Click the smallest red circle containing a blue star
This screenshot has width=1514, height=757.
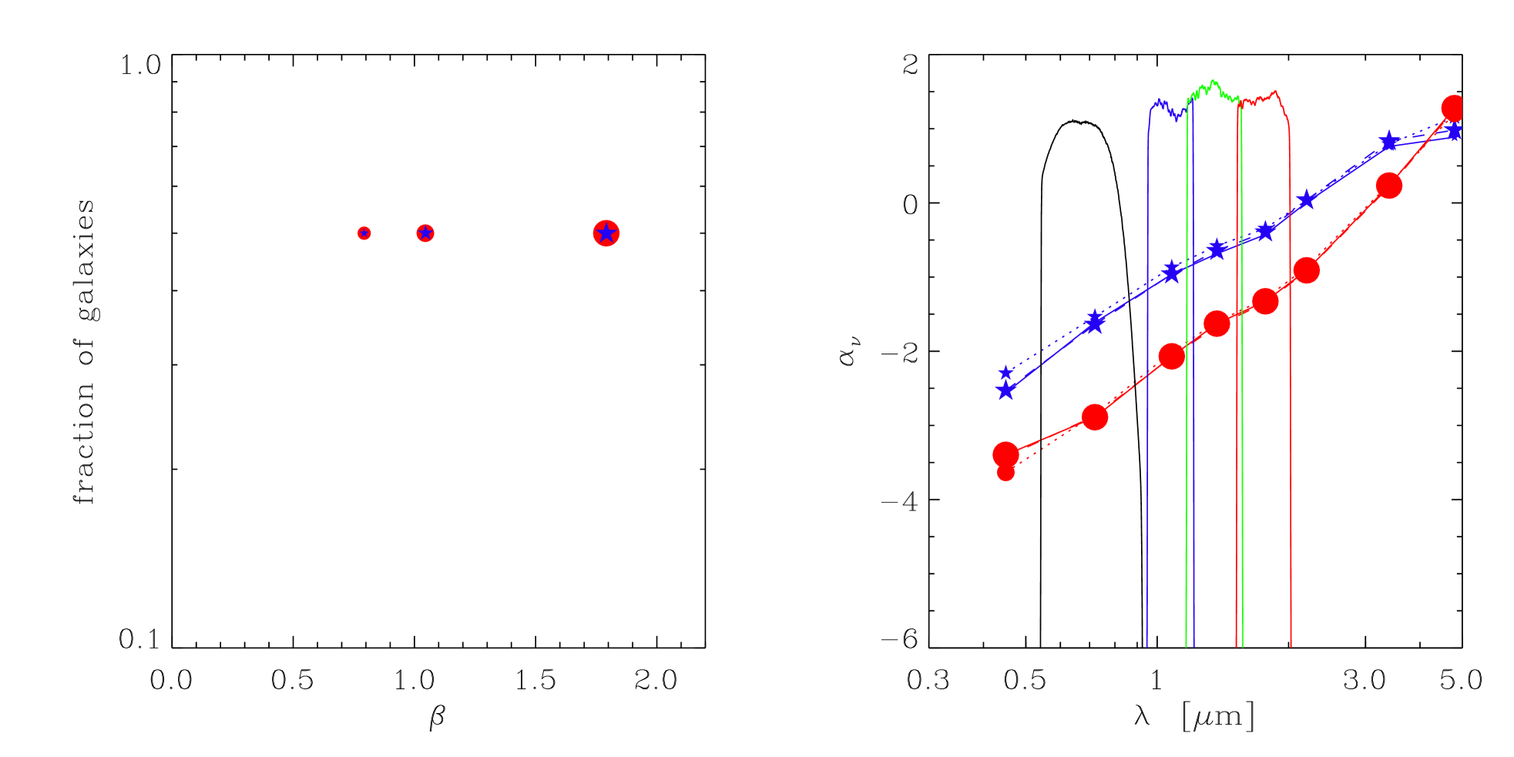(x=364, y=233)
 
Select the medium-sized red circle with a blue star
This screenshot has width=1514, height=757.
(x=425, y=233)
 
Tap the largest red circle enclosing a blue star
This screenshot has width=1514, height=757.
(x=606, y=233)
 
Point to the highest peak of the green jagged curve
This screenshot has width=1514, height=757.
(x=1214, y=80)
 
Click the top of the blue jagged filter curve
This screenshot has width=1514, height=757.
(x=1159, y=100)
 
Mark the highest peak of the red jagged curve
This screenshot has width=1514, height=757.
(x=1275, y=91)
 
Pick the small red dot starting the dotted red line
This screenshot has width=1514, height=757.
(x=1005, y=472)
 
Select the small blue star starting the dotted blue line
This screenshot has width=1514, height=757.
(x=1005, y=373)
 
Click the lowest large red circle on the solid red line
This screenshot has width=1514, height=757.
(x=1005, y=454)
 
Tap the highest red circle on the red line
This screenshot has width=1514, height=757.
(x=1454, y=108)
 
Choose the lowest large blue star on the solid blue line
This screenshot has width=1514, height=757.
(x=1005, y=391)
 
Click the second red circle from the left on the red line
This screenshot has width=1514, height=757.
(x=1095, y=417)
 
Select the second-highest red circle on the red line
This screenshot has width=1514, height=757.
(x=1388, y=186)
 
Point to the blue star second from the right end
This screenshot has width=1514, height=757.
(x=1388, y=142)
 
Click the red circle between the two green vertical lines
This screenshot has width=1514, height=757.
(x=1216, y=324)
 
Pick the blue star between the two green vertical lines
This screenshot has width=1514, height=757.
(x=1217, y=250)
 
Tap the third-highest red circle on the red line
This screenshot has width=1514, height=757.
(x=1306, y=270)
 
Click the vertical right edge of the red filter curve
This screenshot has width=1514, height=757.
(x=1291, y=385)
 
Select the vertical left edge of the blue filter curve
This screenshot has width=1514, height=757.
(x=1147, y=385)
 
